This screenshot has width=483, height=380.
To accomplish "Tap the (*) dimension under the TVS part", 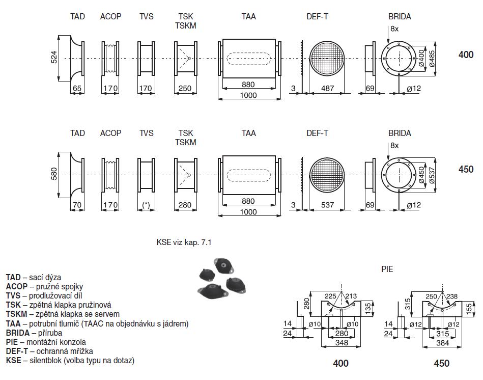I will [146, 205].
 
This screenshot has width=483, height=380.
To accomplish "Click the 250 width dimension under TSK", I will [185, 89].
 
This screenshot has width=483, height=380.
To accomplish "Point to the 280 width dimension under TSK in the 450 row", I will [185, 205].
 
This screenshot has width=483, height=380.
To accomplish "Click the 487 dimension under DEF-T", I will [328, 89].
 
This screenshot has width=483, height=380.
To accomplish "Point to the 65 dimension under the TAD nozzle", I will [77, 89].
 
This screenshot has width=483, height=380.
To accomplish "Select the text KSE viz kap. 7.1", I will [184, 242].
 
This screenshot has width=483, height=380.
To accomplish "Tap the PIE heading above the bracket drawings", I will [387, 269].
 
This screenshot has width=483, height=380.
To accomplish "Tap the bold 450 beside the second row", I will [466, 169].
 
